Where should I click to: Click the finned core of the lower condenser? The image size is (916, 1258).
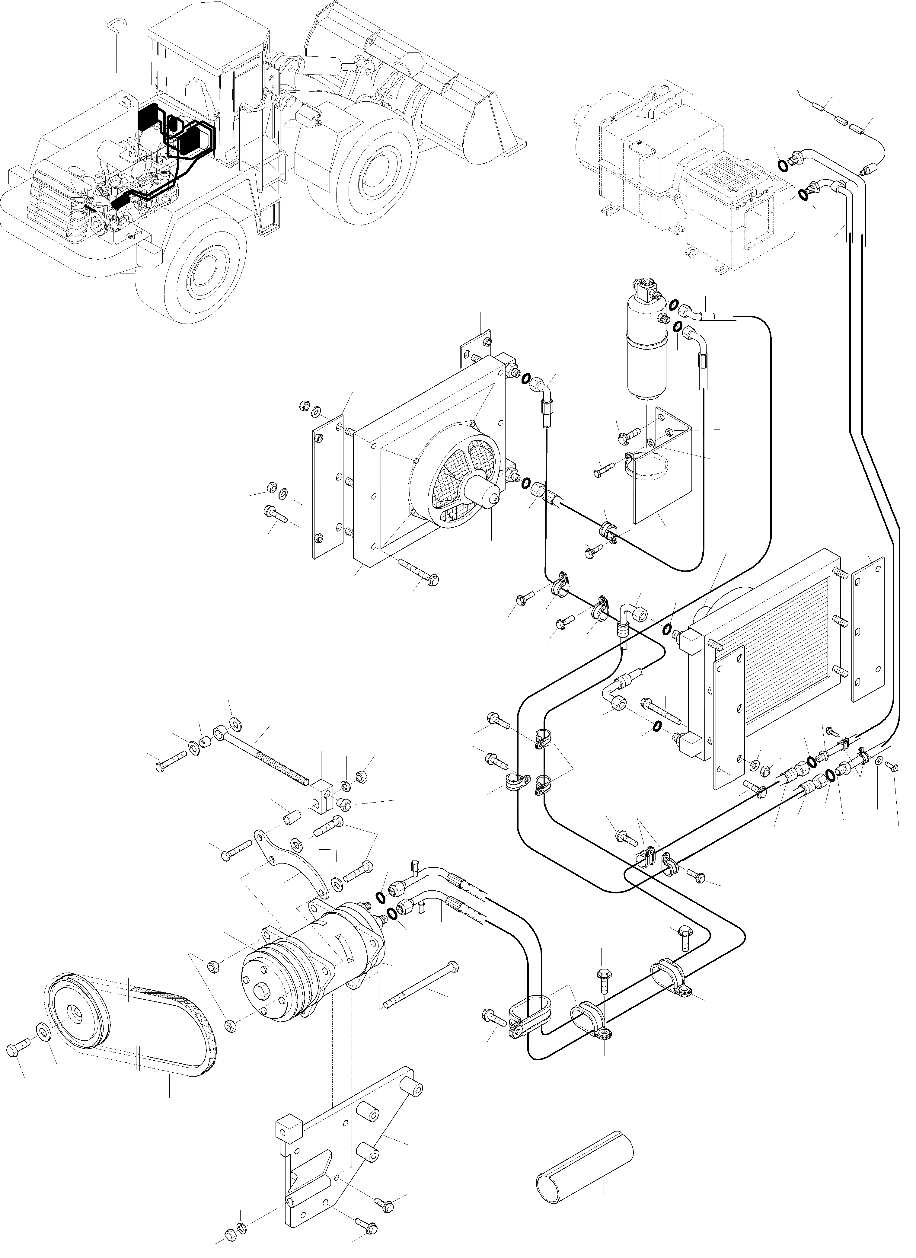788,666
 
